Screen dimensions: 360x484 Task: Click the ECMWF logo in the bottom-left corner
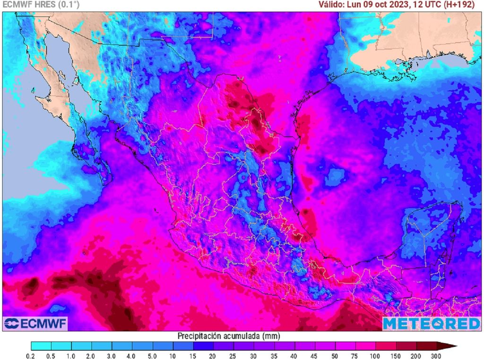click(x=35, y=324)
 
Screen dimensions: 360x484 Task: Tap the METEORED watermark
click(x=431, y=324)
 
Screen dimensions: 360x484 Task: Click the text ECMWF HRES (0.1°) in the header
click(x=41, y=5)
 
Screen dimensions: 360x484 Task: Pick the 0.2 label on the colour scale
click(x=31, y=355)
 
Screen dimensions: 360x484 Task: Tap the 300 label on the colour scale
click(x=436, y=355)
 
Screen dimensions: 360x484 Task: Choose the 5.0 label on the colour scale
click(x=153, y=355)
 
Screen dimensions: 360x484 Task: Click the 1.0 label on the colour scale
click(x=72, y=355)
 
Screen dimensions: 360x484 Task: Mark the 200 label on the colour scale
click(x=416, y=355)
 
